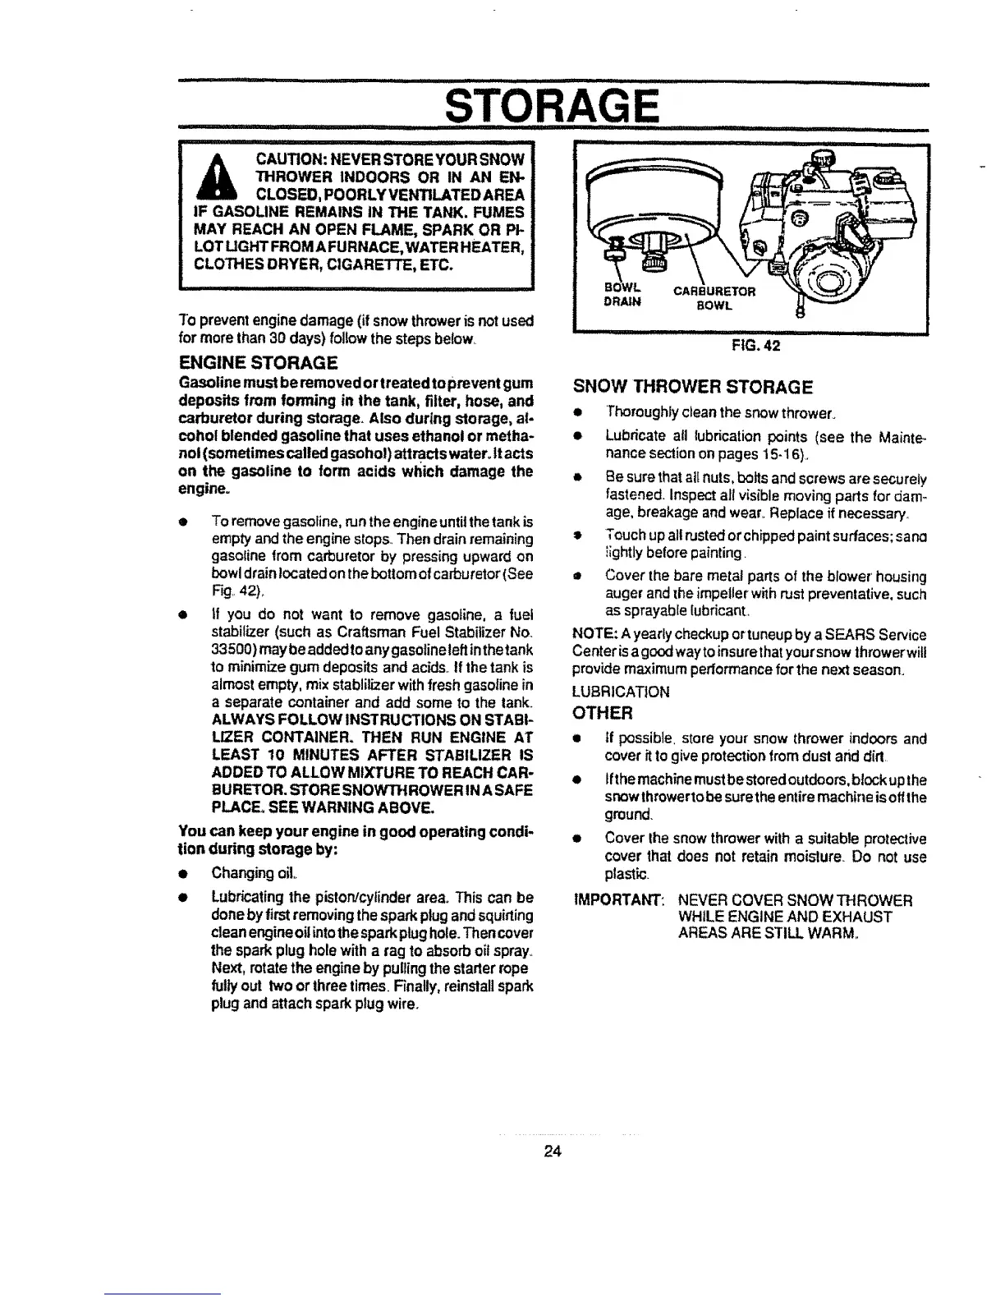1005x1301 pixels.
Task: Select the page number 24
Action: pyautogui.click(x=552, y=1152)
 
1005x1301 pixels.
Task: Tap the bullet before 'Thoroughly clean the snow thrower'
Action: pyautogui.click(x=579, y=411)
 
